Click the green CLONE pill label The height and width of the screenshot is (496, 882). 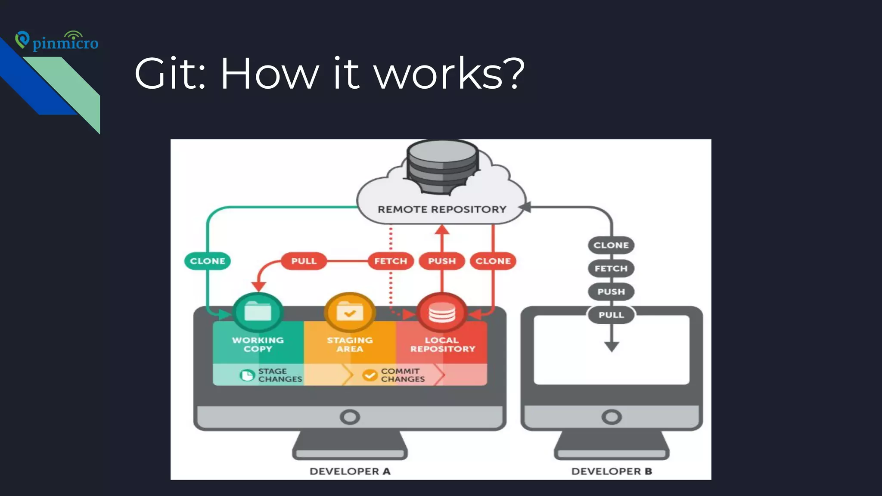(208, 261)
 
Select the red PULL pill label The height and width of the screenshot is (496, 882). (304, 261)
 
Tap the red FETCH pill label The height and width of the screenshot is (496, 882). (391, 261)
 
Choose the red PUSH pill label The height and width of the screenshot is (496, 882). (442, 261)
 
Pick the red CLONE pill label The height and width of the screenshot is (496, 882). (493, 261)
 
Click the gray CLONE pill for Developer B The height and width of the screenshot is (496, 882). (611, 245)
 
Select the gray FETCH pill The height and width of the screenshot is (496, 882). (611, 269)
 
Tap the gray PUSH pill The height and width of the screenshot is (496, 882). (611, 292)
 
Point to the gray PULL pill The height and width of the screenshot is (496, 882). (611, 315)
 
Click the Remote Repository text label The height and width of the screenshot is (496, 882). (442, 210)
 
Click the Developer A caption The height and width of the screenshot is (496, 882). (350, 471)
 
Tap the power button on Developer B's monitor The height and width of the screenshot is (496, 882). (612, 417)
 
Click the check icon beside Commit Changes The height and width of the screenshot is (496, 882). (370, 375)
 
